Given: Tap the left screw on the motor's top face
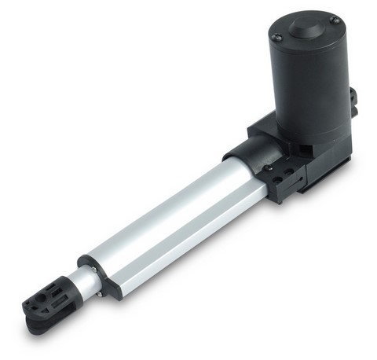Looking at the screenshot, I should point(277,35).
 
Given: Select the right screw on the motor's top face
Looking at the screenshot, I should point(335,20).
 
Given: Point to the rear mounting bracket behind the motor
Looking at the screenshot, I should point(353,98).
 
